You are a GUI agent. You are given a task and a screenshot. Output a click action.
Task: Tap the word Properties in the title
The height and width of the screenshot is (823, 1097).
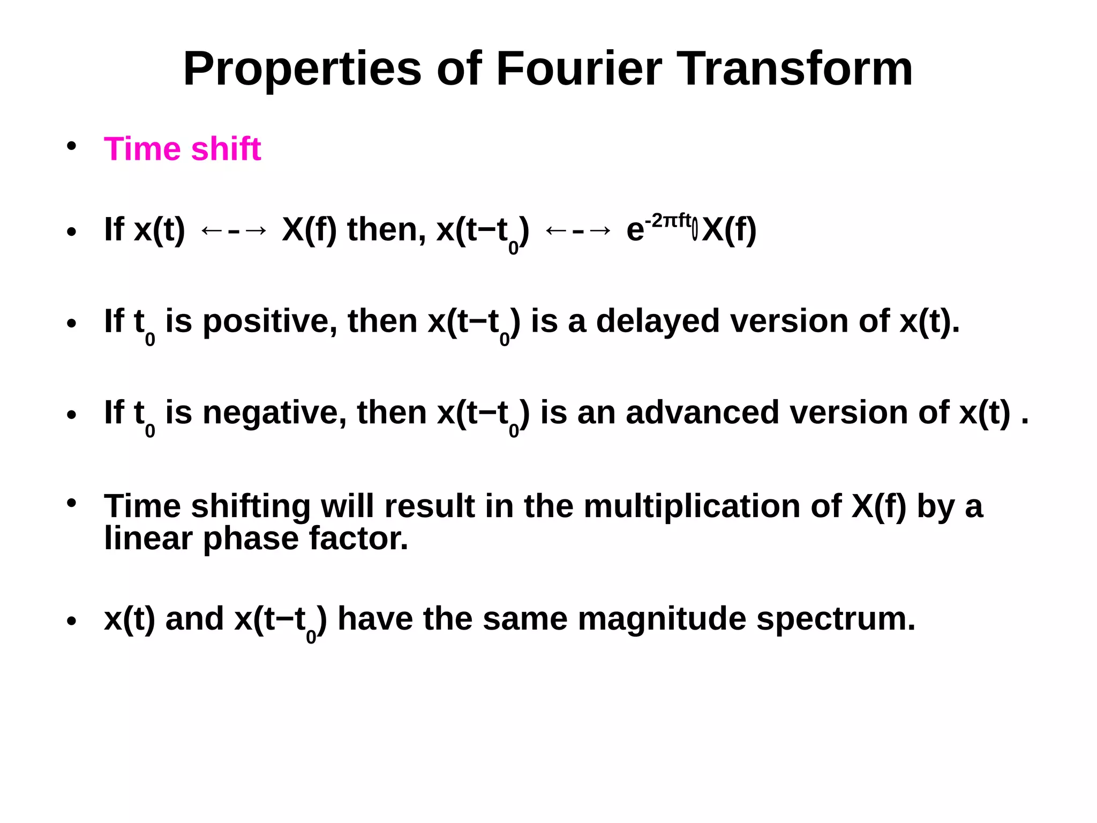tap(303, 70)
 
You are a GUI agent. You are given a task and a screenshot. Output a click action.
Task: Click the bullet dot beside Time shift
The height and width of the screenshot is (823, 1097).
tap(72, 146)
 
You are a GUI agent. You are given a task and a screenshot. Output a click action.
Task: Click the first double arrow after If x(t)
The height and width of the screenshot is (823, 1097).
tap(233, 231)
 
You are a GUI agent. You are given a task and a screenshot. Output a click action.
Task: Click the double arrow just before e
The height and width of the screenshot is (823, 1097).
tap(577, 231)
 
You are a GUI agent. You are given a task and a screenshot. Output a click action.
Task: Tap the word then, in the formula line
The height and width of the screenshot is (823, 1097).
tap(386, 230)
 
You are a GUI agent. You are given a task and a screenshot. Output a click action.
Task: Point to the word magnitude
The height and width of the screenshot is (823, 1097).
tap(662, 619)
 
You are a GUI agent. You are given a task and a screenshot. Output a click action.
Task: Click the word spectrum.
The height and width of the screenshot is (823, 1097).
tap(836, 619)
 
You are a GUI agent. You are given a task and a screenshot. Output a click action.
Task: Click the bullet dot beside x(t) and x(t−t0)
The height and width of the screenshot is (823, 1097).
tap(72, 621)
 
